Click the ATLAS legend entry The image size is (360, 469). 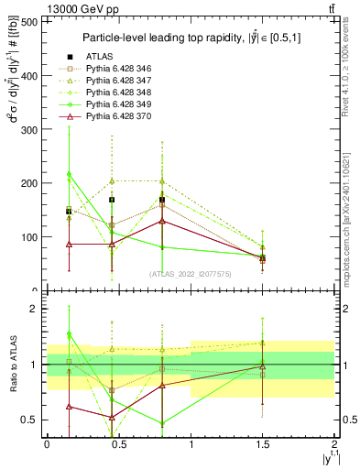[x=99, y=57]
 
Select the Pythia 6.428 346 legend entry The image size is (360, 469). [x=119, y=69]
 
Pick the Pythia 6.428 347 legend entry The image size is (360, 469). [x=119, y=81]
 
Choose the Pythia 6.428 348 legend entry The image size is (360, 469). [x=119, y=93]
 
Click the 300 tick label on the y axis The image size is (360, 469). [x=29, y=129]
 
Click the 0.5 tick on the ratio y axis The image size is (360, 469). [x=29, y=420]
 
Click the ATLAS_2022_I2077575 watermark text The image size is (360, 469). [x=191, y=274]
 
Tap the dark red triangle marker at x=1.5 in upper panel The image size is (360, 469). [x=263, y=259]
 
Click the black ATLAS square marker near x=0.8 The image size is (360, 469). [x=162, y=200]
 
